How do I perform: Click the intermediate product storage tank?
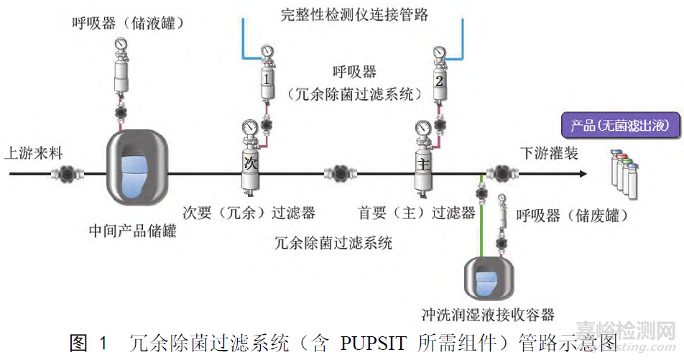(x=134, y=173)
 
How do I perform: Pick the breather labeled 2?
(x=440, y=80)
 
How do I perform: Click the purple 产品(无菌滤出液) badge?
(x=619, y=126)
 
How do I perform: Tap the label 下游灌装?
(x=550, y=153)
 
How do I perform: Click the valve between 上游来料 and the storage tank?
(x=70, y=173)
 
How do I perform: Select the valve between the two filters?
(x=337, y=173)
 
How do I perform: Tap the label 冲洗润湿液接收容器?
(x=488, y=315)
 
